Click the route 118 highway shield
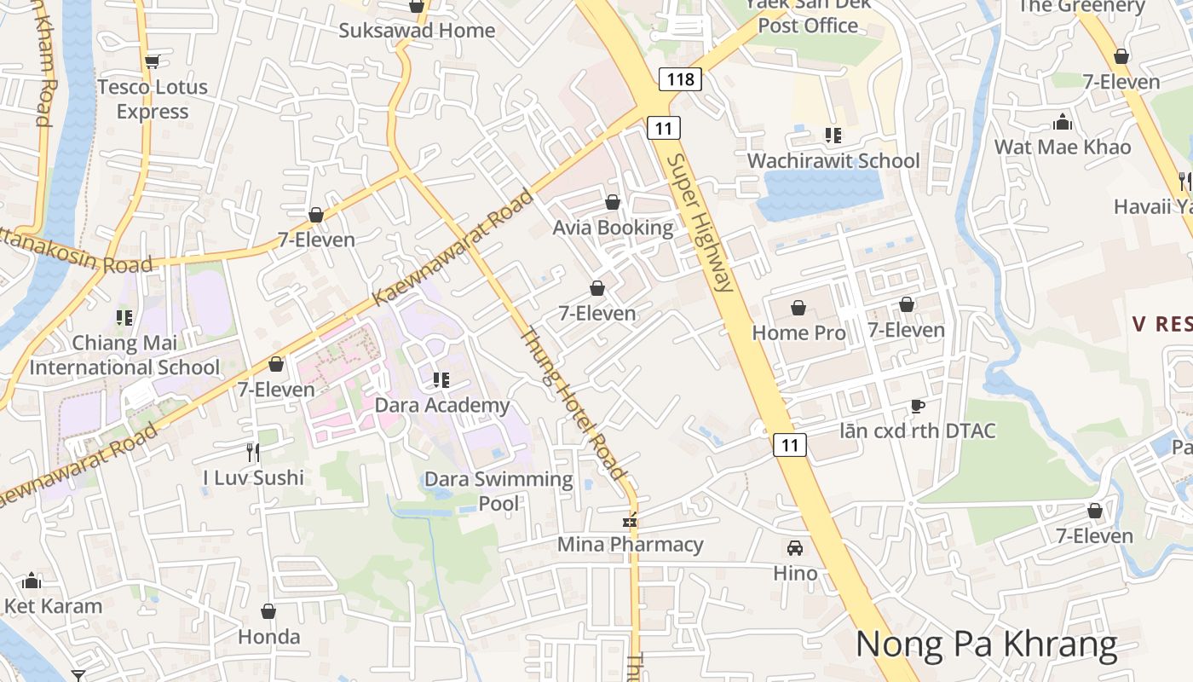680,79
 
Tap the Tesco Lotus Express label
153,99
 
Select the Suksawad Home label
417,31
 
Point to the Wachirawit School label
833,160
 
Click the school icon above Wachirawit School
833,135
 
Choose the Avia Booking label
613,228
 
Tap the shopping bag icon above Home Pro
798,307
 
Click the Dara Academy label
442,405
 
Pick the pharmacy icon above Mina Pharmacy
631,520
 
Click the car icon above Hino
795,547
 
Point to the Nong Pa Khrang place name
986,644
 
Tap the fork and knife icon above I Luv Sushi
253,452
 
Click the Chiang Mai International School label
125,355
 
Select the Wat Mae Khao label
1063,147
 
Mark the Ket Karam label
53,606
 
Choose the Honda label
268,637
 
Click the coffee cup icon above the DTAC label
917,406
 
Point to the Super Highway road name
700,223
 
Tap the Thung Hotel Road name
573,403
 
